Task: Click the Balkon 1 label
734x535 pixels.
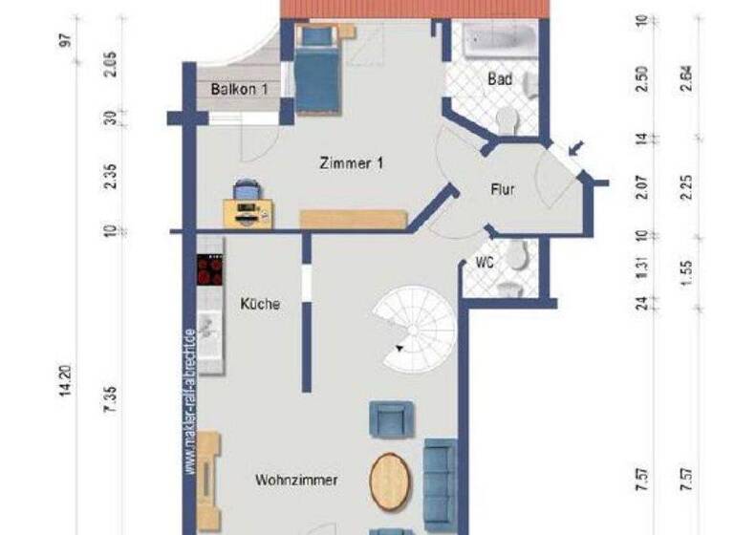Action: click(238, 89)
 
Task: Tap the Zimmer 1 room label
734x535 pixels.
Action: click(352, 163)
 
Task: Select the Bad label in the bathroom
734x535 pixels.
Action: click(499, 78)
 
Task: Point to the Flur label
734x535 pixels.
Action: click(502, 189)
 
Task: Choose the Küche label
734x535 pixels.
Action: click(260, 305)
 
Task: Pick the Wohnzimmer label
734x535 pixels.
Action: click(296, 481)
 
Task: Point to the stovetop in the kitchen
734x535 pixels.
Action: click(209, 270)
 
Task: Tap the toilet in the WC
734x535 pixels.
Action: click(517, 256)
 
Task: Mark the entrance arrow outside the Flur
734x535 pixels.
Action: click(578, 149)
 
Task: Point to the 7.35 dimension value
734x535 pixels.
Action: click(112, 395)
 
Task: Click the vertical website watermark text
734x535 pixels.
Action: click(191, 401)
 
